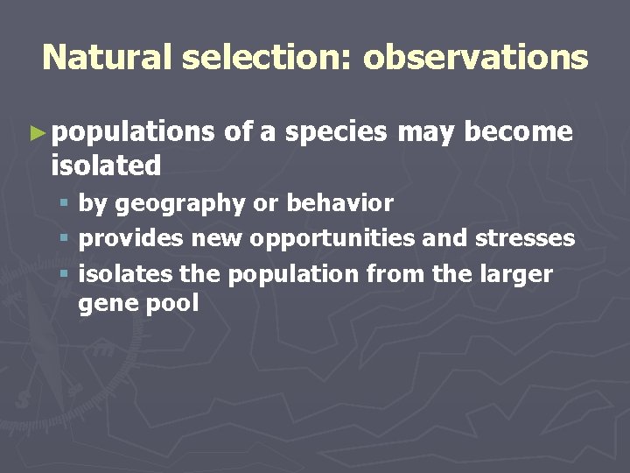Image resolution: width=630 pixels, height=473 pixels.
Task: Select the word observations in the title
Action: (476, 58)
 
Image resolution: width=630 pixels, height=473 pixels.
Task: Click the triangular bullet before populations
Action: (36, 133)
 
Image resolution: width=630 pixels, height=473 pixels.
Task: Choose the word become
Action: (519, 132)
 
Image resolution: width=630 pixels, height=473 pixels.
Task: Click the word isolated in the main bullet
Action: (106, 165)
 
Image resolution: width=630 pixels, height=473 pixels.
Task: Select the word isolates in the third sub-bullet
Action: (126, 274)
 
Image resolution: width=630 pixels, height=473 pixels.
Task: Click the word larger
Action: (519, 274)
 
